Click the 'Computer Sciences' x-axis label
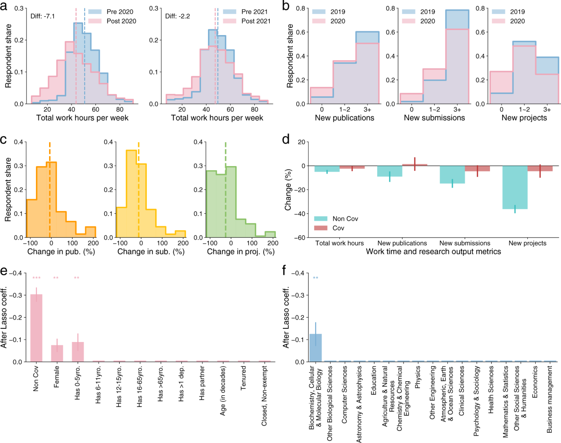click(345, 389)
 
